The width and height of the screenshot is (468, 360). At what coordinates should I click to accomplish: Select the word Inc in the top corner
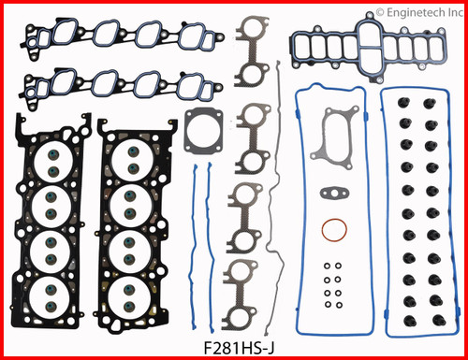[x=457, y=14]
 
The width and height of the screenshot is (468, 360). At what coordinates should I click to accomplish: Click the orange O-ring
[x=330, y=229]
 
